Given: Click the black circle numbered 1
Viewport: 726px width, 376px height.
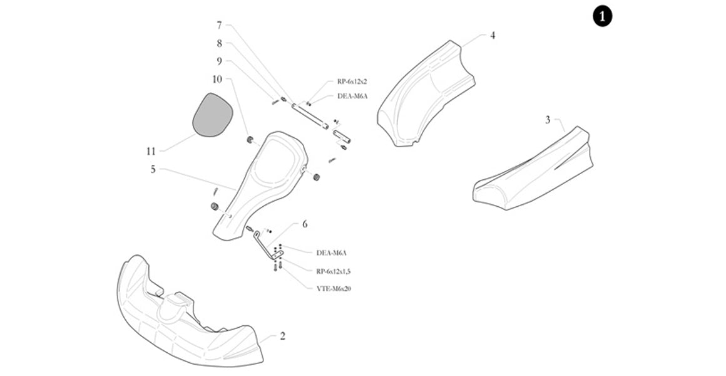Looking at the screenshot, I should tap(602, 17).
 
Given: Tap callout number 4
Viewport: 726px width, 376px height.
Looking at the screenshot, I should tap(493, 36).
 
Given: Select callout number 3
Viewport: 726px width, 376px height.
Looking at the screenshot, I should tap(548, 120).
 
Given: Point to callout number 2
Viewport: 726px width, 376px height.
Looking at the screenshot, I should tap(282, 337).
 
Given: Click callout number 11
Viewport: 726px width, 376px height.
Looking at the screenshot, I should tap(150, 151).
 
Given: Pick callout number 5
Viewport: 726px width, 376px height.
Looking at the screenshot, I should tap(153, 169).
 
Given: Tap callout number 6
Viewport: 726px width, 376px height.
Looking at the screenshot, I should tap(305, 224).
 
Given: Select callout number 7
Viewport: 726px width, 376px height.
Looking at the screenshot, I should tap(219, 26).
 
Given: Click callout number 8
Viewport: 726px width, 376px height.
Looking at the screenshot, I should tap(219, 44).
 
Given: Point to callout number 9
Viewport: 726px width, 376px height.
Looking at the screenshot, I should tap(219, 61).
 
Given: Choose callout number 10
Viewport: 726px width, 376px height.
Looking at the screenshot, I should tap(217, 79).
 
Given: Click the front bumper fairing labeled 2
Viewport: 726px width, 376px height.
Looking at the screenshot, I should tap(188, 326).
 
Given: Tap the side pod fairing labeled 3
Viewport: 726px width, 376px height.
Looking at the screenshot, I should tap(538, 175).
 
